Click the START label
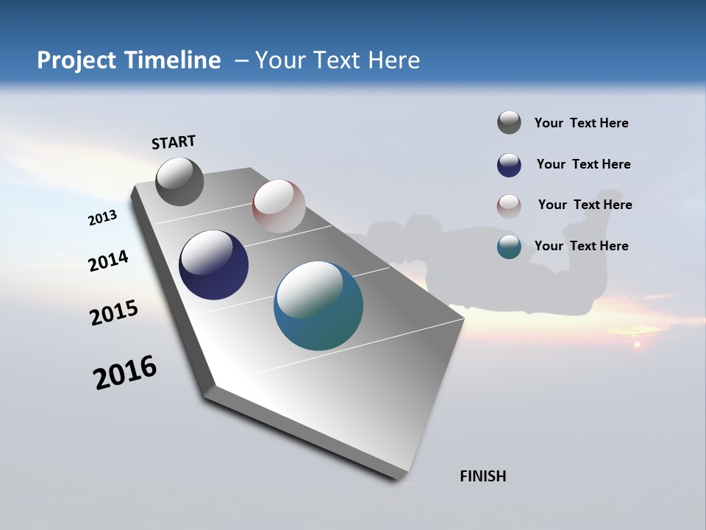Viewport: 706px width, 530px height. tap(174, 142)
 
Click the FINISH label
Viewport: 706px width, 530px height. tap(483, 476)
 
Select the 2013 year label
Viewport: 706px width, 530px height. tap(102, 218)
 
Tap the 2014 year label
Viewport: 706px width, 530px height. tap(109, 261)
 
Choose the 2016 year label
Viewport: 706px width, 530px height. tap(125, 372)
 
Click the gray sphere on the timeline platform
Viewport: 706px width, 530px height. tap(179, 182)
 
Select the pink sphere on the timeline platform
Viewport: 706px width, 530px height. tap(279, 206)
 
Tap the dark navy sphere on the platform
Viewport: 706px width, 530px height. tap(213, 265)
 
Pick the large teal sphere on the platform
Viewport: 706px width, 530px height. tap(318, 305)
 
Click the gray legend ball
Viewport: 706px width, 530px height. tap(509, 122)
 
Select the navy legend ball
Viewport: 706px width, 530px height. tap(509, 165)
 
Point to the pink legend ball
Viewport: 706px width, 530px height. tap(509, 206)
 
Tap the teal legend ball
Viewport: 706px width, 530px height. tap(509, 247)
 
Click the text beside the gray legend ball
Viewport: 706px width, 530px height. tap(581, 123)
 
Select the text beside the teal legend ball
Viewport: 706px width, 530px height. tap(581, 246)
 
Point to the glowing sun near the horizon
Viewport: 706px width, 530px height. tap(637, 344)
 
